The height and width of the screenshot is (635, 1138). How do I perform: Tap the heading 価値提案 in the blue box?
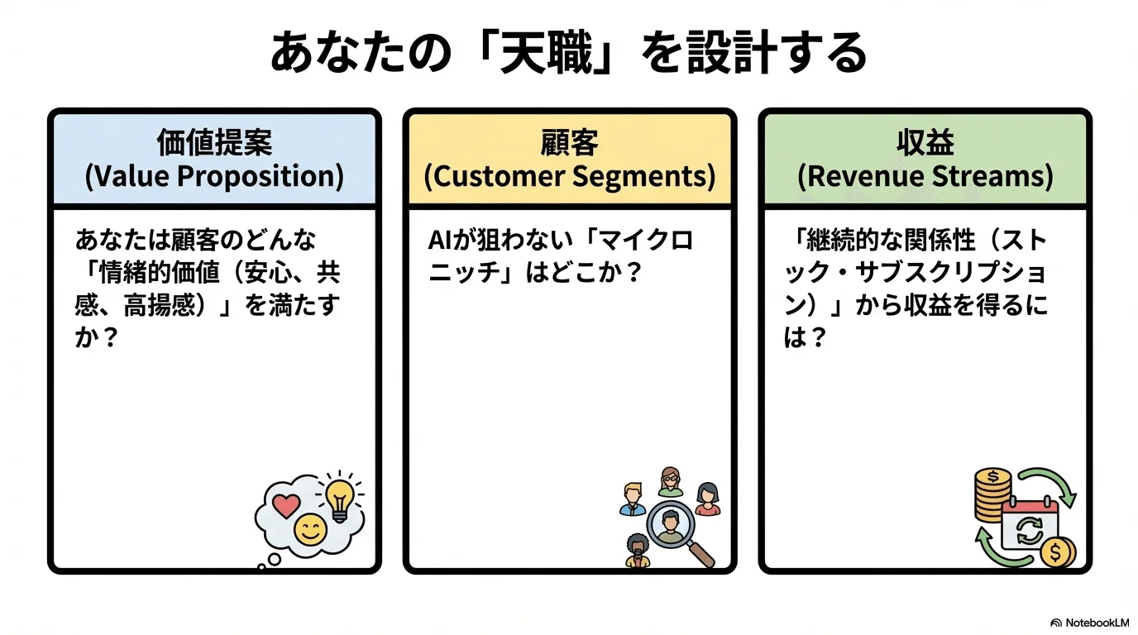tap(214, 143)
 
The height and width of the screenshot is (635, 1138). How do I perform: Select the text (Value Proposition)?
tap(214, 177)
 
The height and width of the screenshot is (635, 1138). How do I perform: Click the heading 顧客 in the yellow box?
tap(569, 143)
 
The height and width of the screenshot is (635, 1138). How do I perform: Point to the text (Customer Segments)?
tap(569, 177)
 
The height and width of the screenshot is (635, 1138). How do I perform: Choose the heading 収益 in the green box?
tap(925, 143)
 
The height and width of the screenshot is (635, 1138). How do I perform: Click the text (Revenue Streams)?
tap(925, 177)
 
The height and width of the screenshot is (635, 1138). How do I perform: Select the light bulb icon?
tap(339, 499)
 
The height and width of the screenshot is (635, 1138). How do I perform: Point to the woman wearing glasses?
tap(671, 482)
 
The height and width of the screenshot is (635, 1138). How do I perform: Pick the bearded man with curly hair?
tap(637, 550)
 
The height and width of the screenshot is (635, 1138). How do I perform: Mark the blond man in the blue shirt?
tap(633, 499)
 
